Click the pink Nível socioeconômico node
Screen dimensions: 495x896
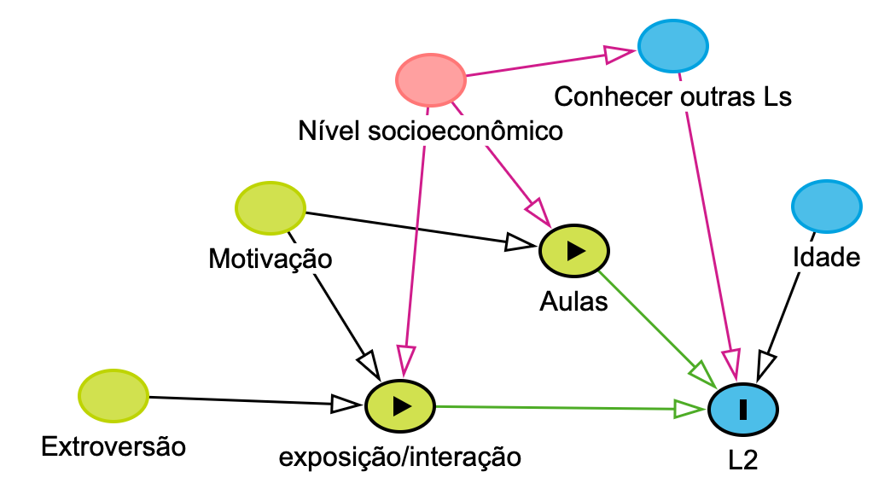tap(431, 79)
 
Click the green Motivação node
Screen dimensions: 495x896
tap(270, 207)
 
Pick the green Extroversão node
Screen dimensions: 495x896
tap(113, 395)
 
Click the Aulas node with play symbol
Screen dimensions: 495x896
tap(574, 250)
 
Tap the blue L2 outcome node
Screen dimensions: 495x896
tap(742, 410)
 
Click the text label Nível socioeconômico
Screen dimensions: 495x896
tap(431, 131)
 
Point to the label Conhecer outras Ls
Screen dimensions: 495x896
tap(672, 96)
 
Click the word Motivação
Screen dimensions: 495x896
tap(270, 258)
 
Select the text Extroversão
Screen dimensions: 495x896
tap(113, 445)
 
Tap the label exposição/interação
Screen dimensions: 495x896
tap(399, 457)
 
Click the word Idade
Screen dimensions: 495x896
tap(826, 257)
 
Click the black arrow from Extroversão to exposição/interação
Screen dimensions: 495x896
tap(247, 400)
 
